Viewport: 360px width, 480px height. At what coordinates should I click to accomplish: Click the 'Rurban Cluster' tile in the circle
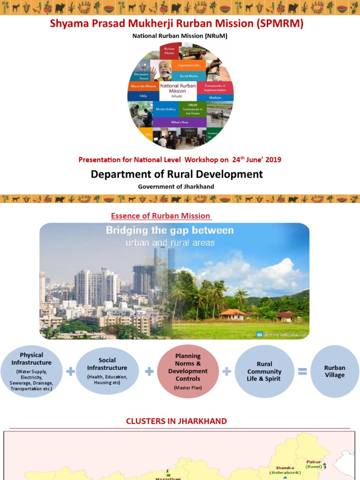point(169,51)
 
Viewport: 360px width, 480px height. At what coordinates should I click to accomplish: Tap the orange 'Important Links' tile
point(188,65)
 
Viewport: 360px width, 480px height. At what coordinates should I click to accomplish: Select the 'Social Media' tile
point(188,76)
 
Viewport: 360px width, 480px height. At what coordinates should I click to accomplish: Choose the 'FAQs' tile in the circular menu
point(143,96)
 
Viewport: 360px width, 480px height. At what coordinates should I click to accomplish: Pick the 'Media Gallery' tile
point(165,109)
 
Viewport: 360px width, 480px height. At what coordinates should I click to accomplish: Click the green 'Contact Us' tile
point(213,136)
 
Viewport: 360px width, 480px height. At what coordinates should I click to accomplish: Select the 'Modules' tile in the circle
point(215,97)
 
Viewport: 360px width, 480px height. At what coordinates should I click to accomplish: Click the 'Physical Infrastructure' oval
point(31,371)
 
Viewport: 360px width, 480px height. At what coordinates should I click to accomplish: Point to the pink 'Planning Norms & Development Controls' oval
point(187,371)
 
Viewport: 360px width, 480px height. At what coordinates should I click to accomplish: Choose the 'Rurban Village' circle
point(335,371)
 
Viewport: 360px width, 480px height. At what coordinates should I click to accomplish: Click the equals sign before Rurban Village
point(302,372)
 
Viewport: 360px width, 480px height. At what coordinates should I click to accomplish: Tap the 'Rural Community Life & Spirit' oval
point(264,371)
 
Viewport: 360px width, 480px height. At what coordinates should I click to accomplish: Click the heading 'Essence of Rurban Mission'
point(160,216)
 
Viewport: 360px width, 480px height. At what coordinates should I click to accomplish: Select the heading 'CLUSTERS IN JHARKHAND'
point(176,421)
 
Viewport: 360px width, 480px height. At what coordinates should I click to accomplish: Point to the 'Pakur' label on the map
point(314,462)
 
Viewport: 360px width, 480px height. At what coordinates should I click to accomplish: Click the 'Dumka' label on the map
point(285,467)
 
